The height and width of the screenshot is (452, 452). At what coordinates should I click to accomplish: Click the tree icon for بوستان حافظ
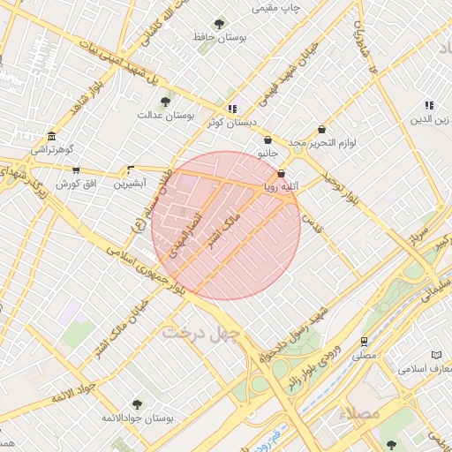pyautogui.click(x=219, y=24)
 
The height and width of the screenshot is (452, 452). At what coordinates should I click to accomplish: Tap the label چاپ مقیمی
pyautogui.click(x=277, y=8)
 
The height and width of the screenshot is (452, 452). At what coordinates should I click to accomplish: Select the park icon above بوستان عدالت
pyautogui.click(x=165, y=102)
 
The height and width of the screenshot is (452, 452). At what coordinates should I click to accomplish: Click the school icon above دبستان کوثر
pyautogui.click(x=231, y=109)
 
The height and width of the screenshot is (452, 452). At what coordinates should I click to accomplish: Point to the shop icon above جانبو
pyautogui.click(x=267, y=139)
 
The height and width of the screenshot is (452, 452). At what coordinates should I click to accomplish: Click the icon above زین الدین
pyautogui.click(x=429, y=105)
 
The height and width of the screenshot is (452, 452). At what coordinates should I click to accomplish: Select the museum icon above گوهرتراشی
pyautogui.click(x=51, y=136)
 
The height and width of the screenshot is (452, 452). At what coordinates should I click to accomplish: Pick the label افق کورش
pyautogui.click(x=75, y=184)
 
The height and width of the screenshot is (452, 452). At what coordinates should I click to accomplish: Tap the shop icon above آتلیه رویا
pyautogui.click(x=282, y=173)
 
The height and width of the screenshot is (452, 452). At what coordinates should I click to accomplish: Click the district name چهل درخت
pyautogui.click(x=195, y=334)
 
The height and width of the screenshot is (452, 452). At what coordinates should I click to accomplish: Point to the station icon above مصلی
pyautogui.click(x=364, y=342)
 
